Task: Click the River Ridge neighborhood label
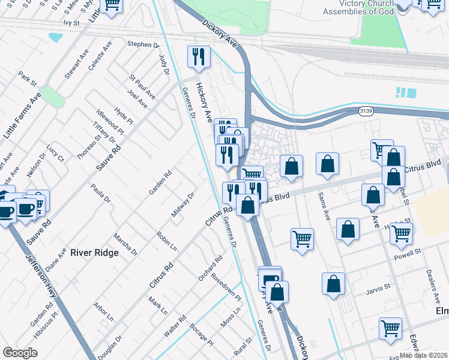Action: (x=94, y=253)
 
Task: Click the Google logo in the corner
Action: (x=20, y=353)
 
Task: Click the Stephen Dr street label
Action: (x=143, y=44)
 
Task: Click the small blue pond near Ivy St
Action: (x=55, y=37)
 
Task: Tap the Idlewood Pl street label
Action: (x=110, y=122)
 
